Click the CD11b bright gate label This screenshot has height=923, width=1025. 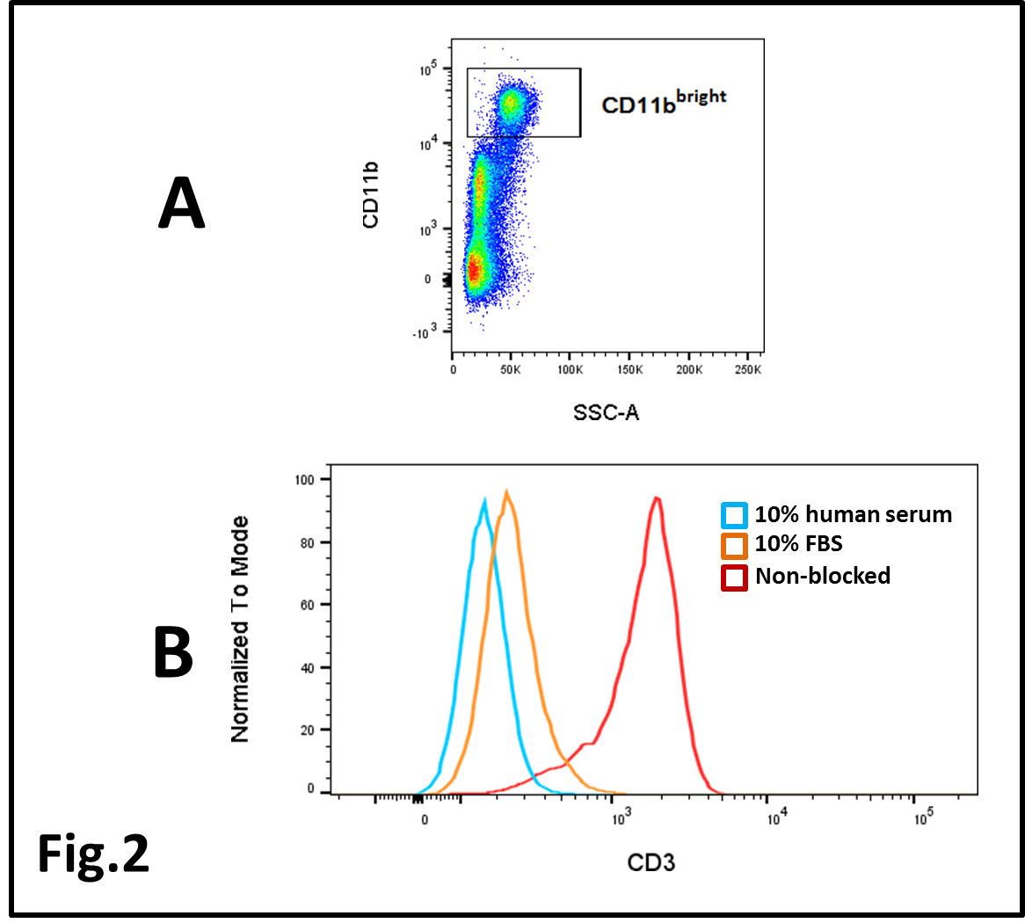(x=664, y=103)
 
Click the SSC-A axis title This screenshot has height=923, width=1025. (x=606, y=411)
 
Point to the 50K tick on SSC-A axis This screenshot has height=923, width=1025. (x=511, y=370)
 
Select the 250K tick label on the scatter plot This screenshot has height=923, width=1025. (x=747, y=370)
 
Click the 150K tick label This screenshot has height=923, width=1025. (x=629, y=370)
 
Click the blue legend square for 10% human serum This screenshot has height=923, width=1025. (x=734, y=515)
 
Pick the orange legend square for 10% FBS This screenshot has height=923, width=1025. (x=734, y=546)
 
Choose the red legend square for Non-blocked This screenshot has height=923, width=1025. (x=734, y=578)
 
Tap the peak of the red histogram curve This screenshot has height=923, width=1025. (x=656, y=498)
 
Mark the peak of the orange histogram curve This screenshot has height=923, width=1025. (x=506, y=491)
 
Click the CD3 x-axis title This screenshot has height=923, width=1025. (x=651, y=861)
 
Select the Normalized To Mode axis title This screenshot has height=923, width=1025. (x=239, y=629)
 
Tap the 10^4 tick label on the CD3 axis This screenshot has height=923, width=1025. (x=776, y=821)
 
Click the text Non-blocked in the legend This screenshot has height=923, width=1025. (x=823, y=577)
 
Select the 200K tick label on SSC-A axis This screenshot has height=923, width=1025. (x=689, y=370)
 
